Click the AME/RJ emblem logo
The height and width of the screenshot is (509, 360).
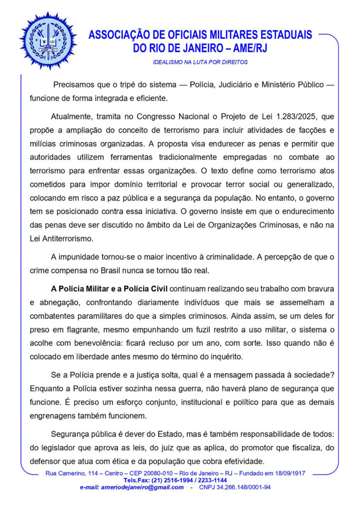point(48,40)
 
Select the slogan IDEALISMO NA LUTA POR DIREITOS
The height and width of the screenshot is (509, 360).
point(200,63)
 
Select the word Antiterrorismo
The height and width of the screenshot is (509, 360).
point(70,238)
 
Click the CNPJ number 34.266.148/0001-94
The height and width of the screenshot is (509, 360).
point(242,487)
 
